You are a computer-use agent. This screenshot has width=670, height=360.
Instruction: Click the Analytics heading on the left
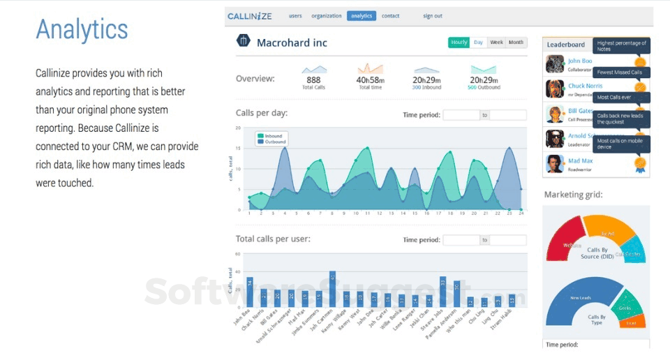pyautogui.click(x=82, y=29)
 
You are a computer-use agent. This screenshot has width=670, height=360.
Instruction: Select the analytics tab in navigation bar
pyautogui.click(x=361, y=15)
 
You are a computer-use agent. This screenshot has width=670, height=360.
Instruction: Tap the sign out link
pyautogui.click(x=432, y=15)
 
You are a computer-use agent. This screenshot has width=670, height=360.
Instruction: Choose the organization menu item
pyautogui.click(x=326, y=15)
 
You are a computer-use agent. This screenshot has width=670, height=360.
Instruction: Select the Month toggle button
pyautogui.click(x=516, y=43)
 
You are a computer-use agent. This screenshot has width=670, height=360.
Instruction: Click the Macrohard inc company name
pyautogui.click(x=292, y=43)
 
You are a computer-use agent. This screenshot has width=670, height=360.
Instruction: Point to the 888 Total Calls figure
pyautogui.click(x=313, y=80)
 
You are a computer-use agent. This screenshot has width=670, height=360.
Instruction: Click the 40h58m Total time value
pyautogui.click(x=370, y=80)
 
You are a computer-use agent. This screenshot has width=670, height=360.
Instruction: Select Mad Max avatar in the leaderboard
pyautogui.click(x=555, y=164)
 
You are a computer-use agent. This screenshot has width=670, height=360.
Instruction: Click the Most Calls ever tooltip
pyautogui.click(x=613, y=97)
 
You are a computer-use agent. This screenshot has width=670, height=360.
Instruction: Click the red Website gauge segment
pyautogui.click(x=569, y=244)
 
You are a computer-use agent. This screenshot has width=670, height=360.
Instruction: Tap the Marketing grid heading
pyautogui.click(x=573, y=195)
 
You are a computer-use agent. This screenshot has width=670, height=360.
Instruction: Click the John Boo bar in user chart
pyautogui.click(x=250, y=293)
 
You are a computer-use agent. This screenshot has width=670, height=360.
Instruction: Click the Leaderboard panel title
pyautogui.click(x=565, y=45)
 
